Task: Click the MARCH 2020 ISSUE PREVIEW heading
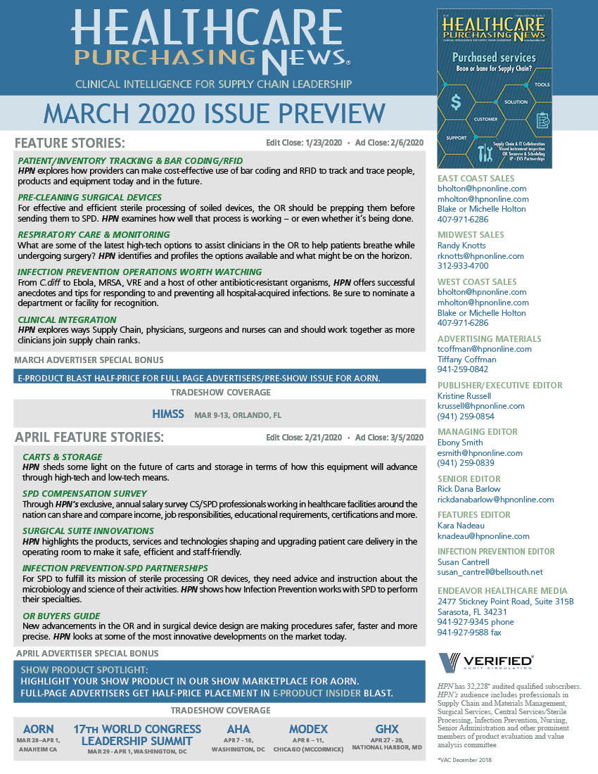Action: [215, 113]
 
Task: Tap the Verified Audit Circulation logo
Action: [485, 662]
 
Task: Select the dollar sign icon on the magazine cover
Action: [456, 103]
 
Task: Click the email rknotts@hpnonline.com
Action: [481, 256]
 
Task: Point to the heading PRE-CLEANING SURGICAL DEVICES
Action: [90, 197]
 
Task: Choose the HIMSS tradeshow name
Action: [169, 414]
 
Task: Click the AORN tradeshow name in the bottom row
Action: [39, 729]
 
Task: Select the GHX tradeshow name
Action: [387, 729]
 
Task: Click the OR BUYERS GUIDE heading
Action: [61, 616]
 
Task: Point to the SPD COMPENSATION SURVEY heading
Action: [85, 493]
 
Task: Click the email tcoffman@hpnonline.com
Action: [485, 349]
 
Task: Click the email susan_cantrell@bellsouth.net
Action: [491, 573]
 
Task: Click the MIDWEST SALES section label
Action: [471, 234]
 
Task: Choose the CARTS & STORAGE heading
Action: [63, 457]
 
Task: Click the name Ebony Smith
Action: [460, 443]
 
